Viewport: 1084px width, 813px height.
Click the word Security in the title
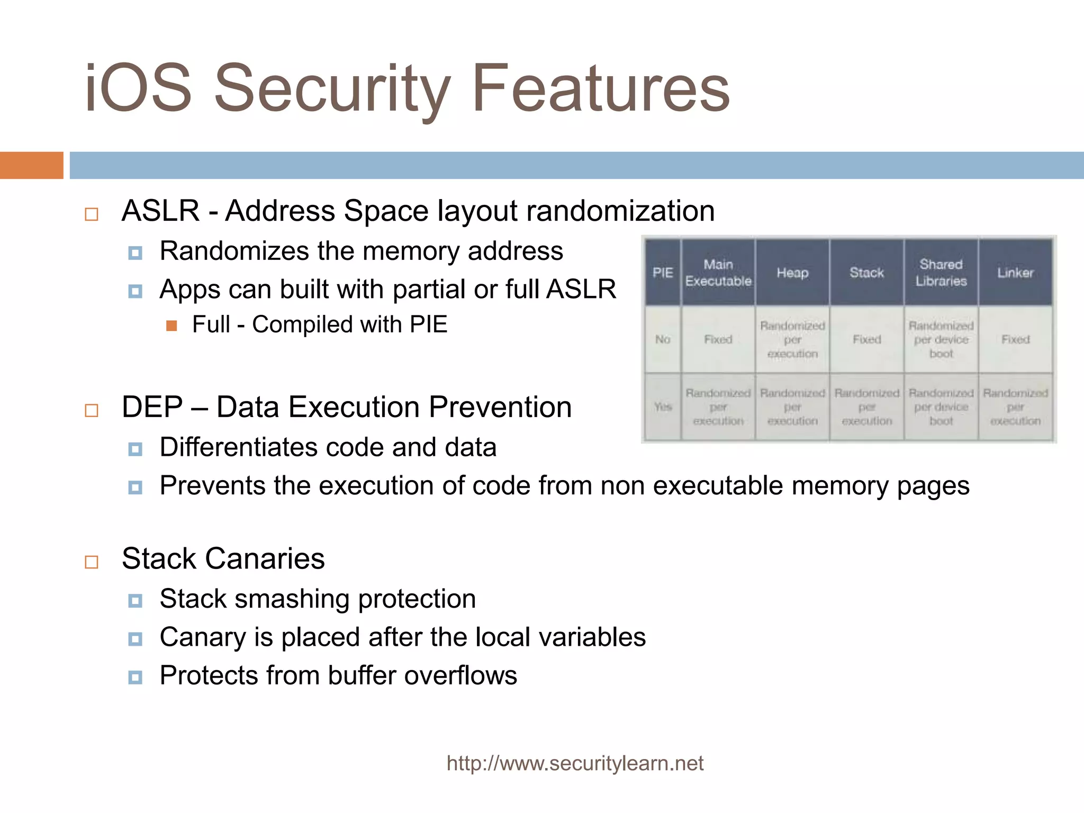coord(332,89)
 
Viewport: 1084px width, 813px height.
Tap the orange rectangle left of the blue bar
coord(31,165)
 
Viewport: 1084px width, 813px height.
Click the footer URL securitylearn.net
coord(575,763)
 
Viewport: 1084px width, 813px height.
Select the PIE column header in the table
coord(663,273)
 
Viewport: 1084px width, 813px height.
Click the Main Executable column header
coord(718,273)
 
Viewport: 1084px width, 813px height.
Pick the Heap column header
coord(792,273)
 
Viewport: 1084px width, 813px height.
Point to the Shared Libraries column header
coord(941,273)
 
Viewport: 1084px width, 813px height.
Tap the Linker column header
coord(1015,273)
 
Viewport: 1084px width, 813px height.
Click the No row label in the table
coord(663,339)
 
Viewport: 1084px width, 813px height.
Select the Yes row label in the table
coord(663,406)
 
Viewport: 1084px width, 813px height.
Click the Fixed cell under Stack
coord(866,339)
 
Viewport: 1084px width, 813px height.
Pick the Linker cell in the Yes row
coord(1015,406)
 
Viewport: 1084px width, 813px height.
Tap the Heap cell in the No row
coord(792,339)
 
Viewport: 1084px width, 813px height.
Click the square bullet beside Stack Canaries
coord(92,562)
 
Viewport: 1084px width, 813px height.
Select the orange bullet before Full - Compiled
coord(171,326)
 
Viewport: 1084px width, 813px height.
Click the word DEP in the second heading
coord(152,408)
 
